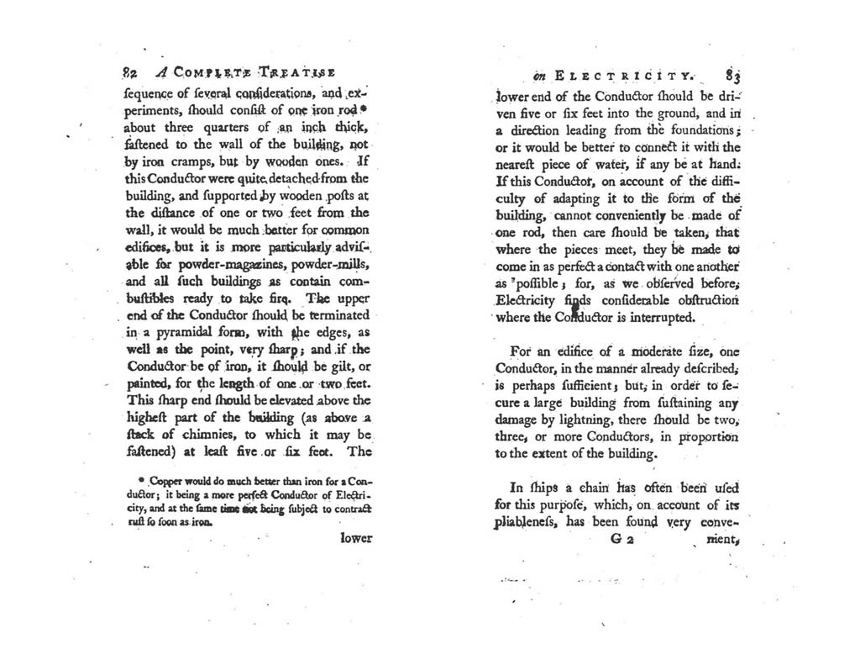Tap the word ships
point(525,488)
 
